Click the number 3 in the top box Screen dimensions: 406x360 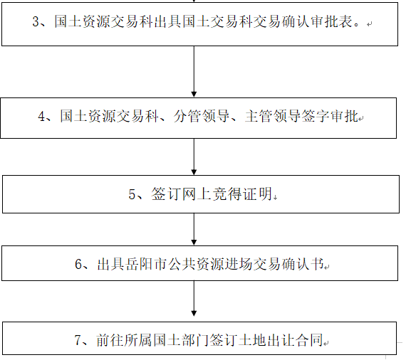(36, 21)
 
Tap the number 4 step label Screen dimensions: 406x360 (41, 116)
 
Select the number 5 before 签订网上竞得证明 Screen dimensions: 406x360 (132, 194)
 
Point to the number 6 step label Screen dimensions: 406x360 (78, 264)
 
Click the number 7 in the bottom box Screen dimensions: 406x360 (78, 340)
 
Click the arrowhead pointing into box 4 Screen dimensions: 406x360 (194, 94)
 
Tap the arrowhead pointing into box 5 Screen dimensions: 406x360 (194, 172)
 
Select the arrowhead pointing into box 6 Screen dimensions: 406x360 (194, 243)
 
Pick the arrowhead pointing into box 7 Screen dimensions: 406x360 (194, 313)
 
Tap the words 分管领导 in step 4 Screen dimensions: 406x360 (202, 116)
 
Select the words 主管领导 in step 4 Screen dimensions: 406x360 (273, 116)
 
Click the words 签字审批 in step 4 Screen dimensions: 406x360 (330, 116)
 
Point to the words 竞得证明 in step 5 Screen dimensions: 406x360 (243, 194)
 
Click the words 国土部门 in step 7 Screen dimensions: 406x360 (181, 340)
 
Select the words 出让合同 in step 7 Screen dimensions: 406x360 (295, 340)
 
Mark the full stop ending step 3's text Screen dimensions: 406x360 (357, 24)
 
